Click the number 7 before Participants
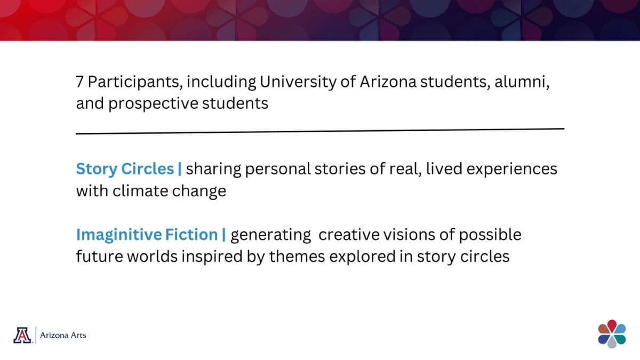coord(79,82)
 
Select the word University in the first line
coord(298,82)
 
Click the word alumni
coord(522,82)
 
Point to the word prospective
coord(153,104)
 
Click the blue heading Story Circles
coord(125,169)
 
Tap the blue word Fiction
coord(191,235)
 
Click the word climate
coord(140,191)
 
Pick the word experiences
coord(511,170)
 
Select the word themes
coord(297,257)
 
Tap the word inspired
coord(212,257)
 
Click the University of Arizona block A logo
coord(22,335)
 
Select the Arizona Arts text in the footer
coord(63,335)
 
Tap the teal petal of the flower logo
coord(619,339)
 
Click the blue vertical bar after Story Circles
coord(180,169)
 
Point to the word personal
coord(278,170)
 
